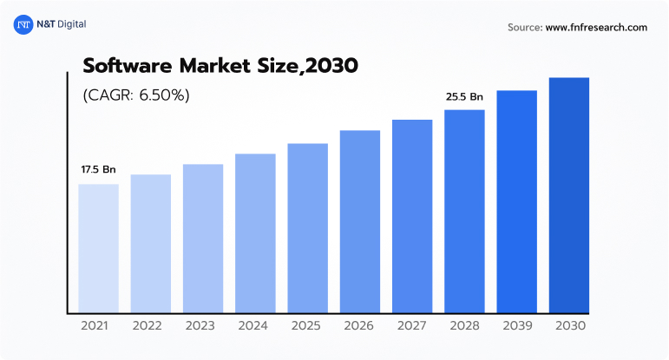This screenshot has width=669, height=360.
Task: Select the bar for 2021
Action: (x=98, y=248)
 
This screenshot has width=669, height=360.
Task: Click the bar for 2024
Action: (x=255, y=232)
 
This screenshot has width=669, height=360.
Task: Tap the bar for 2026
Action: (x=359, y=221)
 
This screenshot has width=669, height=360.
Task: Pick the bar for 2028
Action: (x=464, y=211)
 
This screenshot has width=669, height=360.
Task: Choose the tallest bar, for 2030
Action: (x=568, y=195)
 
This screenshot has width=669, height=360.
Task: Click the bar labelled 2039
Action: (x=516, y=201)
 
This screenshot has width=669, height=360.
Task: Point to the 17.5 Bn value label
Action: (x=98, y=169)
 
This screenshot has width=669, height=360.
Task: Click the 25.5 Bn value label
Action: (x=464, y=96)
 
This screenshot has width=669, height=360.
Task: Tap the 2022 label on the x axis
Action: (x=150, y=326)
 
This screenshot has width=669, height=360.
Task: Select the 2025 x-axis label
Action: (x=307, y=326)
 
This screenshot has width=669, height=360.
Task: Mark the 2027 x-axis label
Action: (x=412, y=326)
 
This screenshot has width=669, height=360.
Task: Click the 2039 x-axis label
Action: (x=516, y=326)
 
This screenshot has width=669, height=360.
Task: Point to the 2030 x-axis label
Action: (x=568, y=326)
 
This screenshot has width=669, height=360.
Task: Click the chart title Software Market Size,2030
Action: (x=220, y=65)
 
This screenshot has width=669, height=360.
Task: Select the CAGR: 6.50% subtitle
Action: (x=136, y=95)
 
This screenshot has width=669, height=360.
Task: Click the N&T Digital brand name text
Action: (x=61, y=25)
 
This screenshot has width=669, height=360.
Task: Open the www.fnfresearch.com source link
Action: (x=596, y=28)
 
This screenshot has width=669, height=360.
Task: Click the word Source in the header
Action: (x=525, y=28)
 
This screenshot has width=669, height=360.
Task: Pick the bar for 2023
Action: (x=203, y=238)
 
